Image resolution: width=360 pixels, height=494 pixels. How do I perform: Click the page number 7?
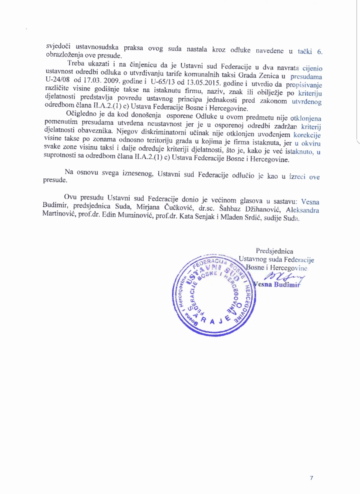point(311,478)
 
